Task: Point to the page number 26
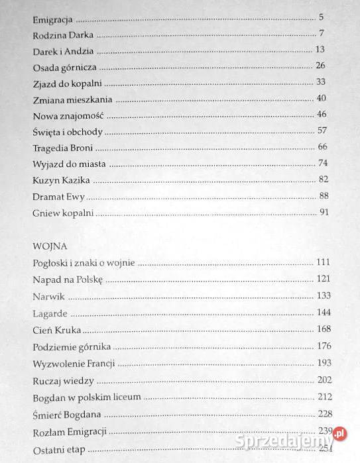click(321, 66)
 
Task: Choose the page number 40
click(322, 99)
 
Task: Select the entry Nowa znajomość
click(64, 115)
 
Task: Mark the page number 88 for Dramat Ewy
click(324, 196)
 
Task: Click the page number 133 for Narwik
click(322, 295)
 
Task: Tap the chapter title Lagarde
click(50, 312)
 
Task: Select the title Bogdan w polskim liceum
click(86, 398)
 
